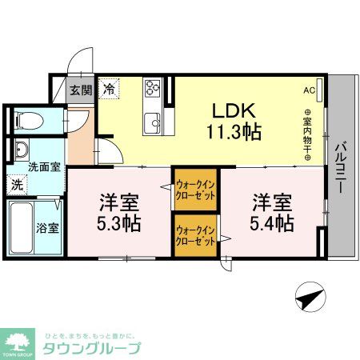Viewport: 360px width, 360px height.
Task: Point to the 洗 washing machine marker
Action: [x=17, y=183]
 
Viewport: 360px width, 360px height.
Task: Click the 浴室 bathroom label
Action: [x=47, y=227]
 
